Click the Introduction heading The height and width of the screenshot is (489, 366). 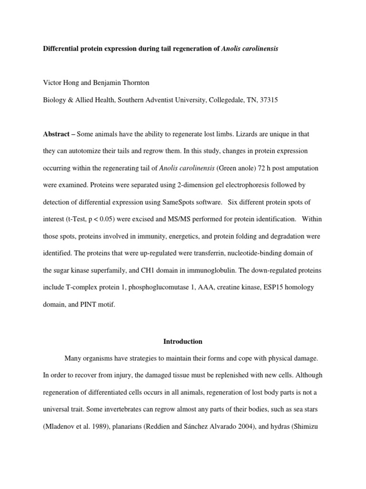point(183,341)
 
